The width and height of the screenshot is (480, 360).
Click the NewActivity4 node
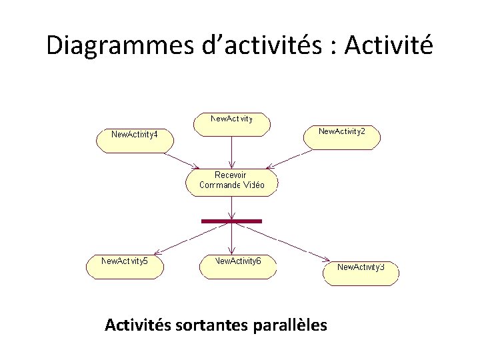[x=135, y=141]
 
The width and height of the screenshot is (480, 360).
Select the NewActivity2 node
[x=342, y=137]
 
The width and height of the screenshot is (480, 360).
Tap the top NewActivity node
[x=231, y=124]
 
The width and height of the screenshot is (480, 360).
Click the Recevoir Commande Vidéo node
[x=231, y=182]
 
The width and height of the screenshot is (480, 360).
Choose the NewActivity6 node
[x=237, y=266]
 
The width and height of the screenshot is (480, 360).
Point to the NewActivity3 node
[x=361, y=273]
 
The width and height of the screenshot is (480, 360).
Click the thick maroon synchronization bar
[x=231, y=221]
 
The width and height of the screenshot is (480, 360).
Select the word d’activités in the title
[x=243, y=45]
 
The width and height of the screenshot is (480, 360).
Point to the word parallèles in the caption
[x=291, y=325]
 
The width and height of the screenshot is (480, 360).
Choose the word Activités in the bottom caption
[x=138, y=325]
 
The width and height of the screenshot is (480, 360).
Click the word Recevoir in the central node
[x=230, y=175]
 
